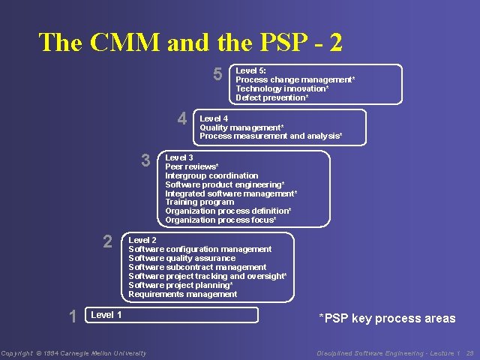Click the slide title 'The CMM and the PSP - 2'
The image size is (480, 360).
point(190,42)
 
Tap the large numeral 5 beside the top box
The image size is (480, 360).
point(217,74)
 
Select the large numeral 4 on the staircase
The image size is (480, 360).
point(182,118)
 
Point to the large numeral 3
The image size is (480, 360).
point(146,160)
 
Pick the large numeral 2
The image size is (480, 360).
point(108,241)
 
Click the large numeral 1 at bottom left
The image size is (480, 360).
point(73,316)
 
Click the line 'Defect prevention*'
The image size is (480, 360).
point(272,97)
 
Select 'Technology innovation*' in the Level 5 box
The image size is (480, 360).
point(282,88)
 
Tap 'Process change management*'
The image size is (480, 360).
point(295,79)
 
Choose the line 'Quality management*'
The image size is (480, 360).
point(241,127)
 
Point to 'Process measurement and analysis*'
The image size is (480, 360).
point(271,136)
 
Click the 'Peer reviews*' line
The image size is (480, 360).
point(192,166)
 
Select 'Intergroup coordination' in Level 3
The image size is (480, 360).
point(211,175)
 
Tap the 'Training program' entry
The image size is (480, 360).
point(199,202)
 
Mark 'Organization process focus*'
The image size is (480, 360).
point(220,220)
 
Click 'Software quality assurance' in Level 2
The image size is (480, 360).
point(182,258)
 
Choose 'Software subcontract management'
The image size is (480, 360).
point(197,267)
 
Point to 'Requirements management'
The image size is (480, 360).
point(183,294)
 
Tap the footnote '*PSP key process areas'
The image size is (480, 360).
point(387,319)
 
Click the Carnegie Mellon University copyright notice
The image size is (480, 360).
point(73,353)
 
